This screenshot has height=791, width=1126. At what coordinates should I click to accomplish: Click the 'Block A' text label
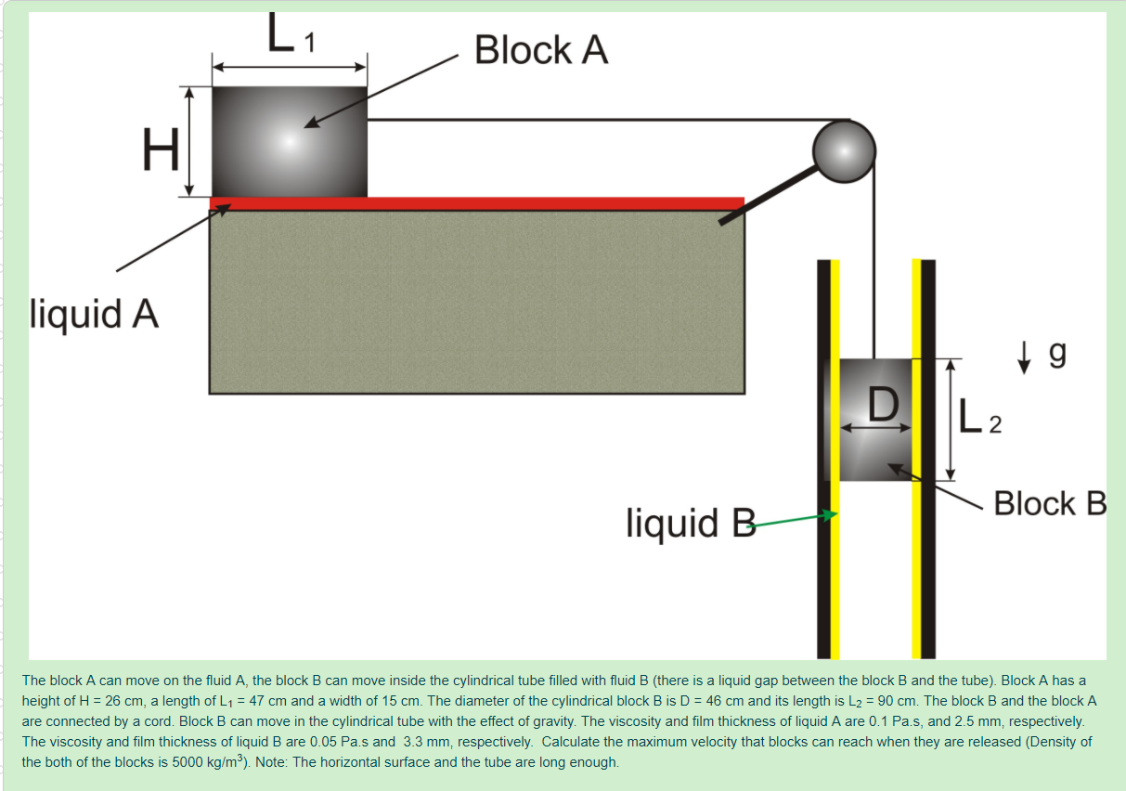coord(541,50)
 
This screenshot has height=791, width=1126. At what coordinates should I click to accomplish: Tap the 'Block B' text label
coord(1050,504)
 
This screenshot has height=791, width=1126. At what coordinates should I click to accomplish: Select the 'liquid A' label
coord(95,314)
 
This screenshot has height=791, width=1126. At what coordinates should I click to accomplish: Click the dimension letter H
coord(161,149)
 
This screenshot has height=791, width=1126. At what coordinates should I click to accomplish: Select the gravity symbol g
coord(1056,354)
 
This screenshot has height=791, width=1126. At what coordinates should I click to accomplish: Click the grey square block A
coord(289,141)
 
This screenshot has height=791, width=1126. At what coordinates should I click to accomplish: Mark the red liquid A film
coord(476,203)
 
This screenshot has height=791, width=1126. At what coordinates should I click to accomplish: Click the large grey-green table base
coord(476,302)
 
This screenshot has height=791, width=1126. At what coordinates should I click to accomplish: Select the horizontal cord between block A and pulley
coord(594,120)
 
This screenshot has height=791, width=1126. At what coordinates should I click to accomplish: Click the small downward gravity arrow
coord(1024,357)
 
